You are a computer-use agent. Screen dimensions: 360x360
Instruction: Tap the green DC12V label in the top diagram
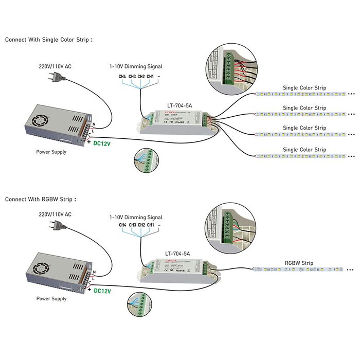[103, 143]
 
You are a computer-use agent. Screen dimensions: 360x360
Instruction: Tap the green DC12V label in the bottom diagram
[102, 291]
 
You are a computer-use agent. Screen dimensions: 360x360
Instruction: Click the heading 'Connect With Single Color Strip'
[49, 39]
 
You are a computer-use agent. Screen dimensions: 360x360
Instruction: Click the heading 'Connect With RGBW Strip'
[41, 199]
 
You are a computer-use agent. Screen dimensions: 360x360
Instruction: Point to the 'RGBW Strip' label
[299, 262]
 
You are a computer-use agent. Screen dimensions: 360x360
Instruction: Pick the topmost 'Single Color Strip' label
[304, 88]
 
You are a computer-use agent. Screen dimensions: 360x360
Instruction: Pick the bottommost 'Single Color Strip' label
[304, 150]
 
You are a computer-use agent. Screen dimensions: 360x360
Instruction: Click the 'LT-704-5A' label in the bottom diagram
[177, 253]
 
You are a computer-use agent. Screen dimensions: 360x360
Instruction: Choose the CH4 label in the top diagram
[122, 77]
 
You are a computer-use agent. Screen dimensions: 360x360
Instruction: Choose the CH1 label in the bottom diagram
[150, 225]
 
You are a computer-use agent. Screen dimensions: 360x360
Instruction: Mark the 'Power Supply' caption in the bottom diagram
[51, 298]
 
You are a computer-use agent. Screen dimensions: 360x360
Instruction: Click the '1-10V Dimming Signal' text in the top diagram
[136, 66]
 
